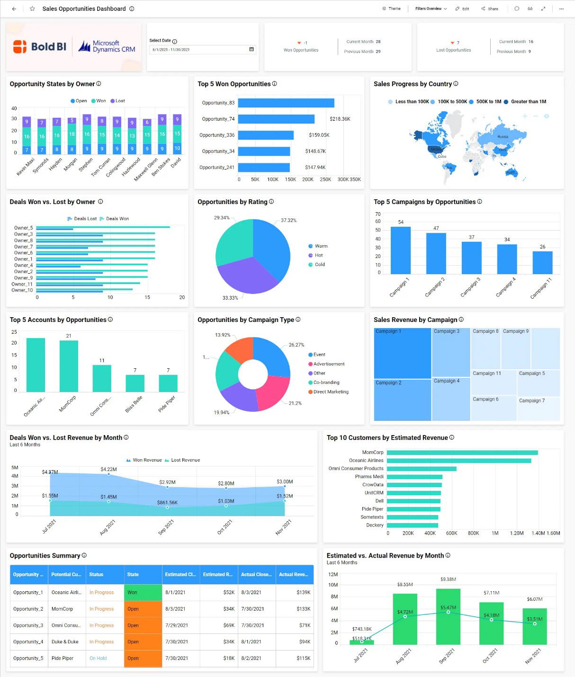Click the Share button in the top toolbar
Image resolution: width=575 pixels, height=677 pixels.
pyautogui.click(x=490, y=9)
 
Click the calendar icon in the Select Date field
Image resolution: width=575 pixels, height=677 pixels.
pyautogui.click(x=252, y=49)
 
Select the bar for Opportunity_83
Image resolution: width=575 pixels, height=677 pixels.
pyautogui.click(x=286, y=103)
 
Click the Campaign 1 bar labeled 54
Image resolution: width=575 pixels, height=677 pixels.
pyautogui.click(x=400, y=250)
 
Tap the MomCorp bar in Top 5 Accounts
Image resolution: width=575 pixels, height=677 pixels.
pyautogui.click(x=69, y=365)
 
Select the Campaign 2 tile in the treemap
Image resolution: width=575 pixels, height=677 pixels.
pyautogui.click(x=402, y=400)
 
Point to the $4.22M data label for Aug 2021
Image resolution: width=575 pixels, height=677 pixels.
pyautogui.click(x=108, y=469)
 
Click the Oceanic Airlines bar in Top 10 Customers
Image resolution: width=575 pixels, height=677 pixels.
pyautogui.click(x=458, y=461)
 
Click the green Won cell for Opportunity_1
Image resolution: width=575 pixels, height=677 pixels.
pyautogui.click(x=143, y=592)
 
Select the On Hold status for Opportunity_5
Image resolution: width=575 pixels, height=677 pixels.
pyautogui.click(x=98, y=658)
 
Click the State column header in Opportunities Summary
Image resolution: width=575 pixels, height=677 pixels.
pyautogui.click(x=133, y=574)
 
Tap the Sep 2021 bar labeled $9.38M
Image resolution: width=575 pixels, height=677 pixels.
pyautogui.click(x=448, y=615)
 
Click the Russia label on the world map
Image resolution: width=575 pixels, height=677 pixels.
pyautogui.click(x=503, y=137)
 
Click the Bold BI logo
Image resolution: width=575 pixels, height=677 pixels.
pyautogui.click(x=40, y=46)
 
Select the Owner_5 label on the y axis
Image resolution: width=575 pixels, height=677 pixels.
pyautogui.click(x=23, y=228)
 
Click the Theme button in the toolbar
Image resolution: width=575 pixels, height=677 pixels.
pyautogui.click(x=391, y=9)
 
